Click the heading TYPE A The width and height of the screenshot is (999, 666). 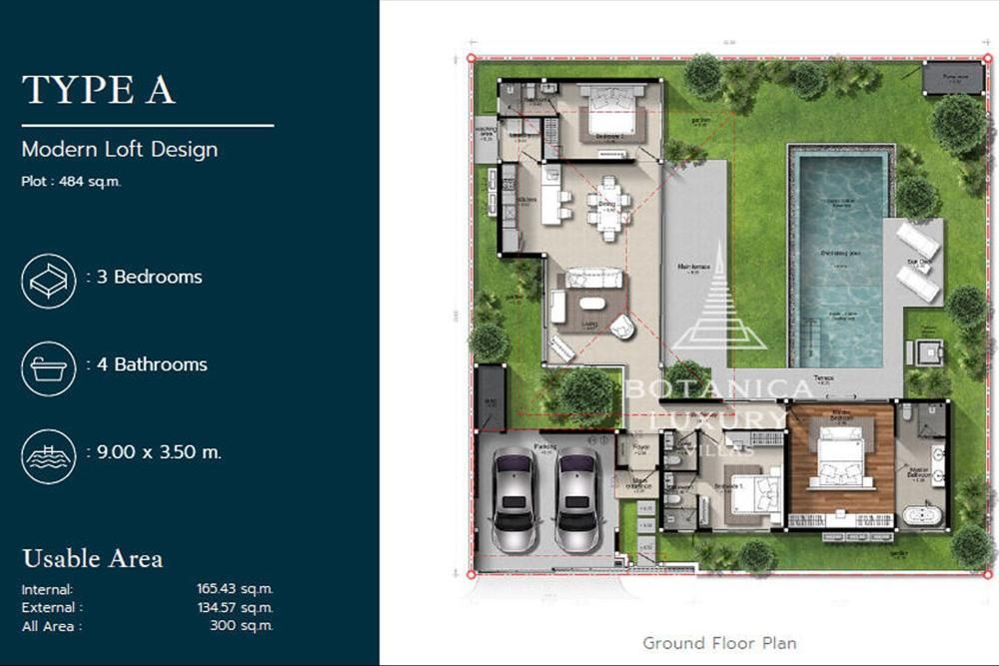pos(99,89)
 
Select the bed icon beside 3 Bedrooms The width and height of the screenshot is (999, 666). pos(49,281)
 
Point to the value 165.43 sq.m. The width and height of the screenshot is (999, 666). pos(235,589)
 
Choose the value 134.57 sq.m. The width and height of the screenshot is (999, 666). pos(235,607)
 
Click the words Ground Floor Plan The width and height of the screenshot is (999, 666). pos(719,642)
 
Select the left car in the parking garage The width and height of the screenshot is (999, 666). pos(514,499)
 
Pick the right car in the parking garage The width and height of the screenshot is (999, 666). pos(577,499)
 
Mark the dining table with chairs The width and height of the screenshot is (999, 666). pos(609,208)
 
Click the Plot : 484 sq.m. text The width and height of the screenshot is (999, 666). pos(71,182)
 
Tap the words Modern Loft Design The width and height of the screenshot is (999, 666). pos(119,151)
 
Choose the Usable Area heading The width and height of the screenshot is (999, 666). pos(92,558)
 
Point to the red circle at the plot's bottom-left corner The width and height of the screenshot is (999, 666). pos(472,575)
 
